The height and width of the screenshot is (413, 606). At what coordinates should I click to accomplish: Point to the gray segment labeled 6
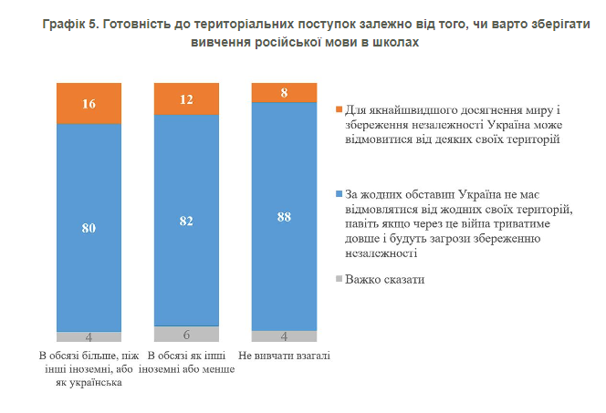186,334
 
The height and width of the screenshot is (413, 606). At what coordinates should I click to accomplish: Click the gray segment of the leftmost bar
89,336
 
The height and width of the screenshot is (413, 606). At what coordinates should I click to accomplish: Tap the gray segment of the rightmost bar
284,336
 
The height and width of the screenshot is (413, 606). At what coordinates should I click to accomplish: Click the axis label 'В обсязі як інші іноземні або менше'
186,362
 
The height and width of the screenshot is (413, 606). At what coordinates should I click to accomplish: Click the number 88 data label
284,216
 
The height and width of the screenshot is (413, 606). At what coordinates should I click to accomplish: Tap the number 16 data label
89,103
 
